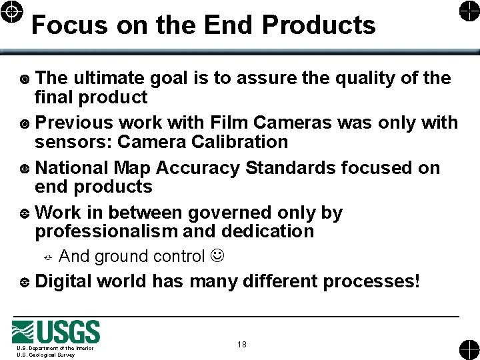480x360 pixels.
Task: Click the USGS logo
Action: point(56,333)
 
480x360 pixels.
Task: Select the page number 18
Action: point(241,345)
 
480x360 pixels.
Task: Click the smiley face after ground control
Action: point(217,256)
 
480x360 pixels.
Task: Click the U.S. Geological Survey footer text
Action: point(46,355)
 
